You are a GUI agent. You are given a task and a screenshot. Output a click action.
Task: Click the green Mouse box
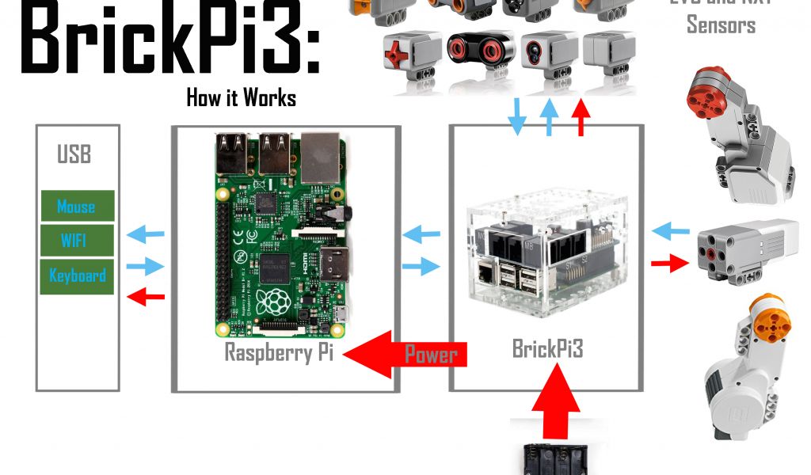coord(77,207)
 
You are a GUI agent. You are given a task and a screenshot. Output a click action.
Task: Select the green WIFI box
coord(77,240)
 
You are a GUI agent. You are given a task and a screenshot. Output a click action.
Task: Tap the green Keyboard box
coord(77,275)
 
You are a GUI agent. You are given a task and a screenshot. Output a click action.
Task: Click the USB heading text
coord(74,154)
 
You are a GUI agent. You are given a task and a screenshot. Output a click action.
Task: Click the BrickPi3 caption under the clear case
coord(546,348)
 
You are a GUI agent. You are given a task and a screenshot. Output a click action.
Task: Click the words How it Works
coord(241,98)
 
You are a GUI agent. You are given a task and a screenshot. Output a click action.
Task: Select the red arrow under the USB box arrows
coord(147,297)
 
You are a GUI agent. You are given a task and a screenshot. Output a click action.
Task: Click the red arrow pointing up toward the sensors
coord(581,119)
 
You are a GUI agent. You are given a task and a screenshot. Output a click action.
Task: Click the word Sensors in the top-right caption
coord(721,25)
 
